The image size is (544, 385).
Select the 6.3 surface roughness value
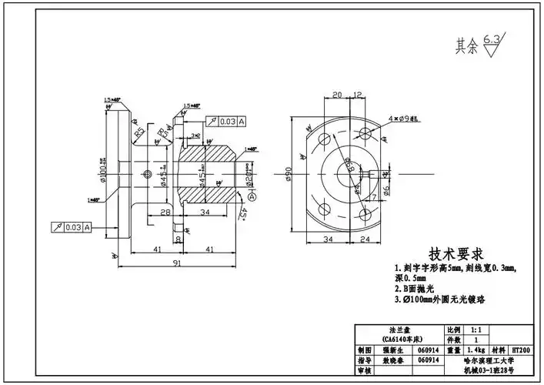point(492,38)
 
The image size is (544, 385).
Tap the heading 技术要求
point(456,254)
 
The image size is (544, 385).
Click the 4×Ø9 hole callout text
point(403,119)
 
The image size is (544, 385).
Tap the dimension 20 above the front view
point(337,95)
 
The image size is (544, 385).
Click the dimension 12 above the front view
point(358,95)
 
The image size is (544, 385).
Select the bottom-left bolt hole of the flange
point(324,207)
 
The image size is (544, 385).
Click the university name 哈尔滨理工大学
point(493,359)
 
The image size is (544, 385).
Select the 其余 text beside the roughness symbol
point(466,46)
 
